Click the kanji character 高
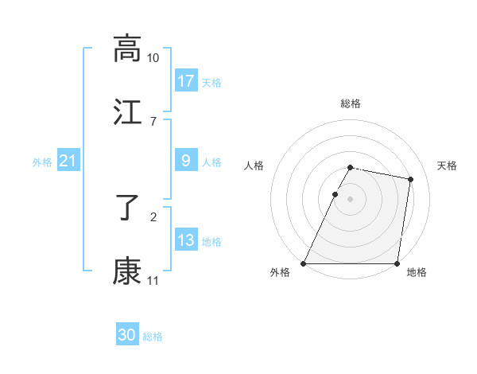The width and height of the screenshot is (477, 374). pyautogui.click(x=127, y=49)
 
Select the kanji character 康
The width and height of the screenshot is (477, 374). pyautogui.click(x=127, y=271)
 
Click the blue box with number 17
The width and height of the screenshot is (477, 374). pyautogui.click(x=186, y=81)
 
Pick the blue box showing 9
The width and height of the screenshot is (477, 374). pyautogui.click(x=186, y=162)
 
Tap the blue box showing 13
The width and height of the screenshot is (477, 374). pyautogui.click(x=186, y=240)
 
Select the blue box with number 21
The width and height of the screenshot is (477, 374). pyautogui.click(x=68, y=162)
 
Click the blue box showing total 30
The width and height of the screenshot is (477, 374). pyautogui.click(x=127, y=335)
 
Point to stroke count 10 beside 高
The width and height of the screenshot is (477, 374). pyautogui.click(x=153, y=58)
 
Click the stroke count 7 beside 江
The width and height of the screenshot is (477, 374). pyautogui.click(x=153, y=121)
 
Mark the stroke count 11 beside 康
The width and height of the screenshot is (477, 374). pyautogui.click(x=153, y=280)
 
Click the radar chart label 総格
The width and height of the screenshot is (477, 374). pyautogui.click(x=350, y=103)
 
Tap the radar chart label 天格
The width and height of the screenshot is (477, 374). pyautogui.click(x=448, y=166)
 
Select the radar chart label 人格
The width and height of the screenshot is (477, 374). pyautogui.click(x=254, y=166)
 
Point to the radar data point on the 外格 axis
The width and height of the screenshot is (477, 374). pyautogui.click(x=304, y=263)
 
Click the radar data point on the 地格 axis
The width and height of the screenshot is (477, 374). pyautogui.click(x=397, y=263)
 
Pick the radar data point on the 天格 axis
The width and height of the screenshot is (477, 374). pyautogui.click(x=410, y=180)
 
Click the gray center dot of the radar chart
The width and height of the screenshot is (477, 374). pyautogui.click(x=350, y=199)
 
